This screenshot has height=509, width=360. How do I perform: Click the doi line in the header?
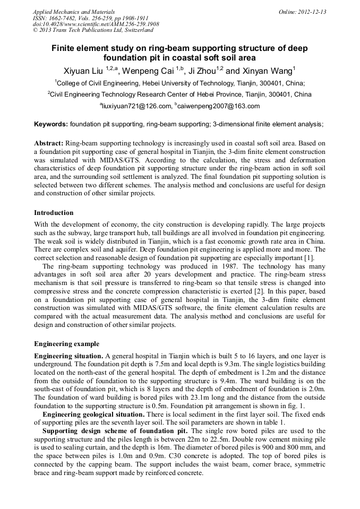click(96, 24)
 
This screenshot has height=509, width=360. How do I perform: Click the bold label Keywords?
click(51, 124)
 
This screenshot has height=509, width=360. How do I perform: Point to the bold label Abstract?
click(49, 143)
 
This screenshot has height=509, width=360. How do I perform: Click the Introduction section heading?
click(54, 213)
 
